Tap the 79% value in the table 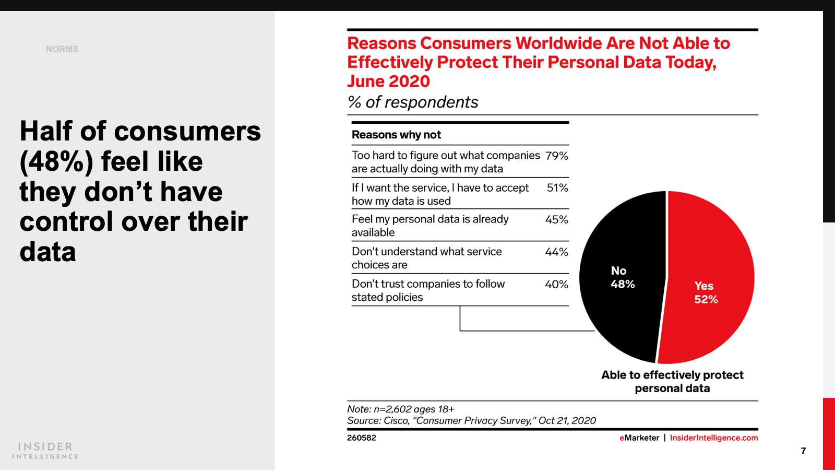(556, 156)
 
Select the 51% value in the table (557, 188)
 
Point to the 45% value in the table (556, 220)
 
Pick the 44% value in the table (556, 252)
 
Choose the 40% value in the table (556, 285)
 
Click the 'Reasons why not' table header (396, 135)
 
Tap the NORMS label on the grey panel (62, 49)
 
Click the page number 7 (803, 451)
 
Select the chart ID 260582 (361, 438)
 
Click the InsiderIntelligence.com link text (713, 438)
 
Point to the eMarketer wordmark (639, 438)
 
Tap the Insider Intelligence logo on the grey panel (45, 450)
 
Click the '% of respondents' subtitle (413, 102)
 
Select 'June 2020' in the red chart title (389, 81)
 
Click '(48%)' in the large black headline (56, 161)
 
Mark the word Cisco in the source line (396, 420)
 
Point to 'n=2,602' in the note (392, 409)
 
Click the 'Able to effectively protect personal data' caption (672, 381)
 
